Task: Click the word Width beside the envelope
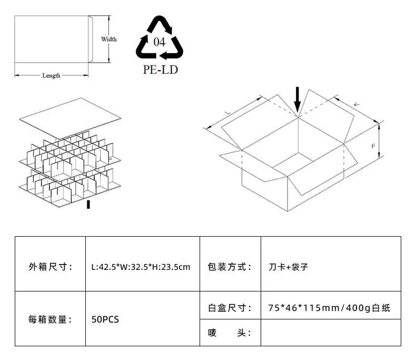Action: coord(109,40)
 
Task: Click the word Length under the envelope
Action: coord(51,76)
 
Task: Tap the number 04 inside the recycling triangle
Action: coord(159,42)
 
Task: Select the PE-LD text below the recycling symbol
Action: coord(160,70)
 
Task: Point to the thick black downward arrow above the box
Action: coord(298,100)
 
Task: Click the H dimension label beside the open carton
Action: coord(373,145)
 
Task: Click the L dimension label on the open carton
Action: coord(227,113)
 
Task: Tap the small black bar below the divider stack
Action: coord(88,205)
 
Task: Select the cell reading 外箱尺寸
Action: coord(51,267)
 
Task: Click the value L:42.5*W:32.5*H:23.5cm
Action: coord(141,267)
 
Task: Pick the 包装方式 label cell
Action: coord(230,267)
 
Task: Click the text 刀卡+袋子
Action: coord(289,267)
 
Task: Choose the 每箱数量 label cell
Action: coord(50,319)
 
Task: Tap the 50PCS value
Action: coord(105,319)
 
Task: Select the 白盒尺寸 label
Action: coord(230,308)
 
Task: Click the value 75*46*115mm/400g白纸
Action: coord(329,308)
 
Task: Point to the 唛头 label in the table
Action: coord(230,333)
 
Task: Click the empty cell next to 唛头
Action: coord(331,333)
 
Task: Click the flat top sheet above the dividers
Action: coord(70,119)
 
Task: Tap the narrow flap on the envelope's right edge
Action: coord(91,39)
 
